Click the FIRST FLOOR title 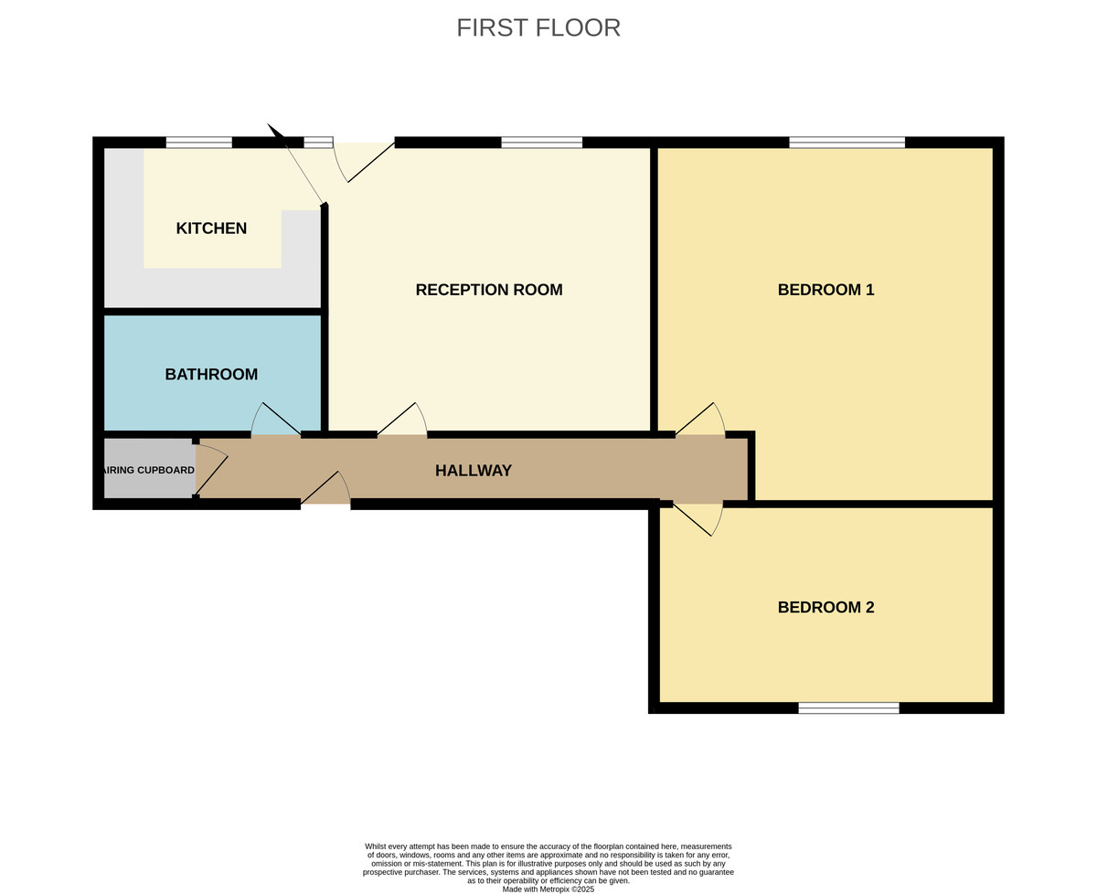[538, 27]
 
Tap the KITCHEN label [211, 229]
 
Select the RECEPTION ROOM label [488, 290]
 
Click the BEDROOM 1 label [825, 290]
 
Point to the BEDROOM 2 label [825, 607]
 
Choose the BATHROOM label [211, 375]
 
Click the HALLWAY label [473, 471]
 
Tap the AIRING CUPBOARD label [147, 471]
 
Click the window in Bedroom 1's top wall [847, 142]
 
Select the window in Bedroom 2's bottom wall [848, 708]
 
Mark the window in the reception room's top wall [541, 142]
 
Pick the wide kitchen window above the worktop [198, 142]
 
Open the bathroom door [275, 420]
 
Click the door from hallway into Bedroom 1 [700, 420]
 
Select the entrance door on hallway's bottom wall [325, 489]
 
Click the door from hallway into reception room [402, 420]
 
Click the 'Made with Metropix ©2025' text [548, 889]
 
